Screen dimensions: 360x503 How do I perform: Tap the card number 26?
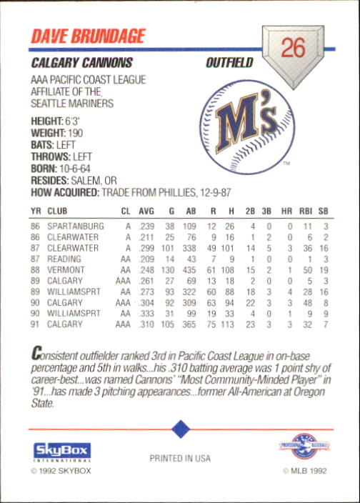coord(293,48)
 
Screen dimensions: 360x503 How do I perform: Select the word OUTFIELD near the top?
coord(229,63)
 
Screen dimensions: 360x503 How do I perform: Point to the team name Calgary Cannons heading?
coord(82,63)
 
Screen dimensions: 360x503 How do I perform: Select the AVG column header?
coord(146,212)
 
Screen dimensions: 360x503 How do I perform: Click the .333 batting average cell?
coord(146,314)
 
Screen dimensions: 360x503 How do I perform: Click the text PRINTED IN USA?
coord(179,458)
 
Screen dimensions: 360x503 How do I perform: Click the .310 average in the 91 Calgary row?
coord(146,324)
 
